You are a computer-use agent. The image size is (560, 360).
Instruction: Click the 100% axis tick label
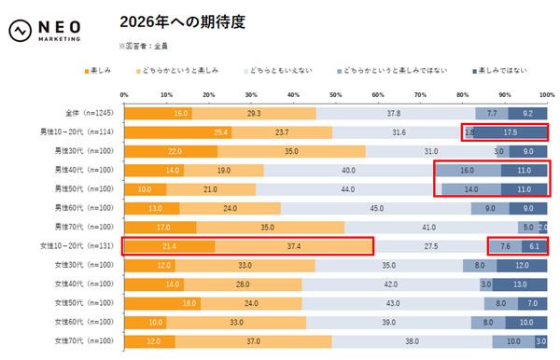546,94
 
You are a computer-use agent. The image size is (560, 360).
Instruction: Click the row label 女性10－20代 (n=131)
86,246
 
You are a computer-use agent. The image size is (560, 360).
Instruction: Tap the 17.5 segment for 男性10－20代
511,132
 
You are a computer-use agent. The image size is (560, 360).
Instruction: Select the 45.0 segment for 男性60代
377,208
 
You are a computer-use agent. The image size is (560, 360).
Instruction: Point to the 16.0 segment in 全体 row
158,113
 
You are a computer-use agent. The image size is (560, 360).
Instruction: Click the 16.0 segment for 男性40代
468,171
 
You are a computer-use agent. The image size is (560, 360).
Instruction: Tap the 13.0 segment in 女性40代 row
520,284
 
